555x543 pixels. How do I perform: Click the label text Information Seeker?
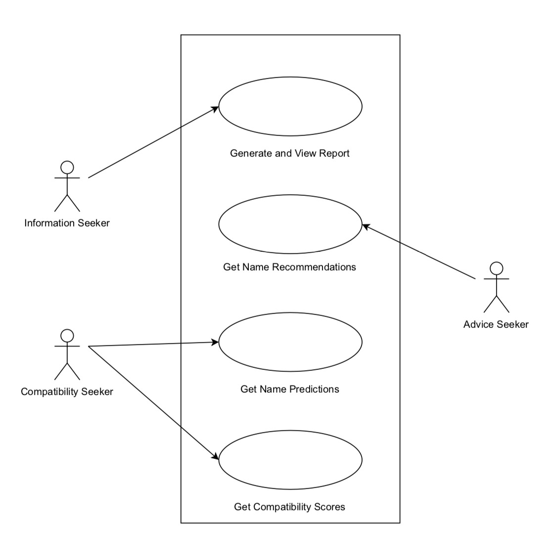[x=67, y=223]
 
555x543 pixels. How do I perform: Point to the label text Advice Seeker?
[x=496, y=324]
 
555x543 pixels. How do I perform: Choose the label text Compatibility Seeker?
[x=67, y=392]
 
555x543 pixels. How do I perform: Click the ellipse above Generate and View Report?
[x=290, y=106]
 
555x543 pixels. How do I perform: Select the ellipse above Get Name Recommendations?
[x=290, y=224]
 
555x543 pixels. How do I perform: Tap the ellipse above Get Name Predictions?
[x=290, y=342]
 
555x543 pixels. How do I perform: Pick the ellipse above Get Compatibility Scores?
[x=290, y=459]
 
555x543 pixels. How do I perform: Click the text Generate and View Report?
[x=289, y=153]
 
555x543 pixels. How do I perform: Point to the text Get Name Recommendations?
[x=289, y=267]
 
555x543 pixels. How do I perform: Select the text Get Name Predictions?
[x=289, y=389]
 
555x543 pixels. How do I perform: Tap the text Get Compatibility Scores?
[x=289, y=507]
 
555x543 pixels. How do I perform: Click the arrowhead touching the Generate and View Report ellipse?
[x=215, y=108]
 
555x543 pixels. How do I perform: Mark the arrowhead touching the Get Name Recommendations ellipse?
[x=366, y=226]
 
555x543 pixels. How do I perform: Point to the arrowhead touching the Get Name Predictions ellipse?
[x=215, y=342]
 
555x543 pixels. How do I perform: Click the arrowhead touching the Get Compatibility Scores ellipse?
[x=216, y=457]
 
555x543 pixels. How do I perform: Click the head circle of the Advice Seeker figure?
[x=496, y=268]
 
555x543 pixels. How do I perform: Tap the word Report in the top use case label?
[x=334, y=153]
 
